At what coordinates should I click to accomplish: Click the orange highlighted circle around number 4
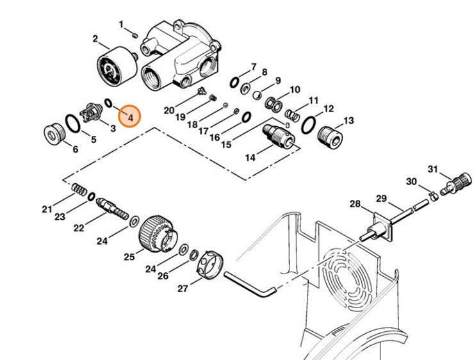pos(130,117)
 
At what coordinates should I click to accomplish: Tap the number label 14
pos(250,157)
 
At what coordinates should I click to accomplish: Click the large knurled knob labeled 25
pos(156,233)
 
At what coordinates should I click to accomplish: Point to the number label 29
pos(381,198)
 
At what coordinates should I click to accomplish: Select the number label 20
pos(169,110)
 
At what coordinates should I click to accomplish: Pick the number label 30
pos(412,181)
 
